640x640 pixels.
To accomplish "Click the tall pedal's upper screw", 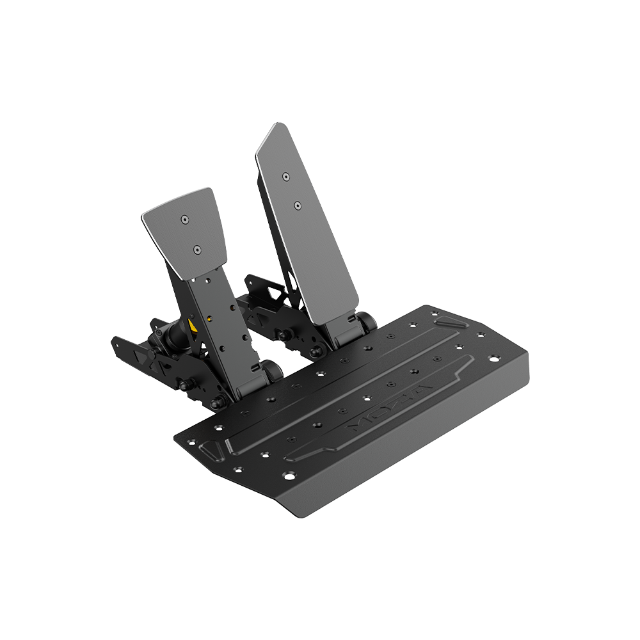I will pyautogui.click(x=285, y=175).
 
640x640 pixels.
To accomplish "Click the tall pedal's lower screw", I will pyautogui.click(x=298, y=205).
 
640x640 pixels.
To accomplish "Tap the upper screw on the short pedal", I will pyautogui.click(x=184, y=220).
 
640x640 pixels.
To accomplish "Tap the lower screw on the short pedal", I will pyautogui.click(x=198, y=249).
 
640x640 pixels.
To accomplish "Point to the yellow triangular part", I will pyautogui.click(x=192, y=326).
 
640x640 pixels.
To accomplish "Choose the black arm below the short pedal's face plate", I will pyautogui.click(x=221, y=320).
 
